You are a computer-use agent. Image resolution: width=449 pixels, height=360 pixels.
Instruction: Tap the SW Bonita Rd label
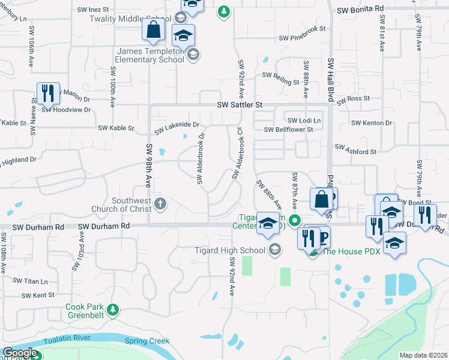(x=360, y=10)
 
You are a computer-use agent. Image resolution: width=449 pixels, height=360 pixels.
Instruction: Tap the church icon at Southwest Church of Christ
(x=160, y=203)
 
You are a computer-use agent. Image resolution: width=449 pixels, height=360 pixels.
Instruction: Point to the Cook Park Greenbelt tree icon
(x=113, y=310)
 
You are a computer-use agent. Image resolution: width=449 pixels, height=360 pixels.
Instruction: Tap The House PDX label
(x=351, y=251)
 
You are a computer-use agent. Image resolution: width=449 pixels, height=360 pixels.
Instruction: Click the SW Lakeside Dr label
(x=176, y=128)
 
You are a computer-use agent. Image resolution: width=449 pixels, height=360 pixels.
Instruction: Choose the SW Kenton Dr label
(x=372, y=123)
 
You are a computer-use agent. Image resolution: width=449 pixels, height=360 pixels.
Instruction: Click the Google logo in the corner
(x=20, y=353)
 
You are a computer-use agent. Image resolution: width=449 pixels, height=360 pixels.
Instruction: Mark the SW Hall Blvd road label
(x=330, y=79)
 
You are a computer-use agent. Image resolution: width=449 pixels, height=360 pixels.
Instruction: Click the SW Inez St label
(x=93, y=10)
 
